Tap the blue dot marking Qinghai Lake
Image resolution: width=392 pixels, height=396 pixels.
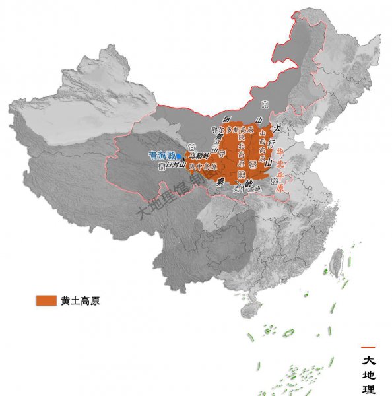[x=178, y=156]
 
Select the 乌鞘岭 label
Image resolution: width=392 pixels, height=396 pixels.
[x=199, y=156]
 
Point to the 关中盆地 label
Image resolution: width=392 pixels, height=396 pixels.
[x=247, y=189]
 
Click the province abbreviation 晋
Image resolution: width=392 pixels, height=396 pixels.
[x=253, y=163]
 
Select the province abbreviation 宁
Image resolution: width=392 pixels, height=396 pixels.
[x=222, y=154]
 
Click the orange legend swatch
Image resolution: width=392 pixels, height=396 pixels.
[x=46, y=300]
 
